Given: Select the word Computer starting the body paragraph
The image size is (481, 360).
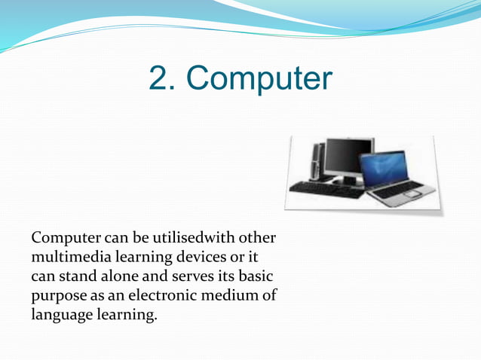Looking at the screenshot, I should (x=65, y=239).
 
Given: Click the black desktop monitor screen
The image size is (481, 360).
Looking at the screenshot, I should (x=348, y=156).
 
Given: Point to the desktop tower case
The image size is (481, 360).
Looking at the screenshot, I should (x=317, y=160).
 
